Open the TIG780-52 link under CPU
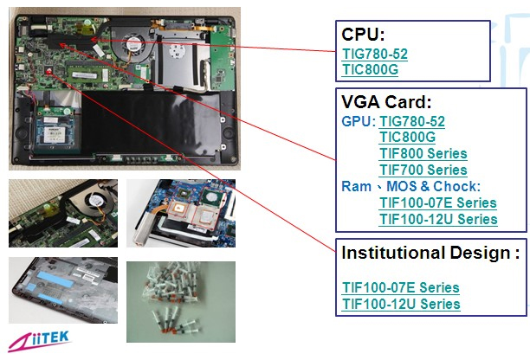click(375, 54)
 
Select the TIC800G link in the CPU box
click(370, 69)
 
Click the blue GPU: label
click(359, 122)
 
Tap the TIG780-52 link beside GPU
click(412, 122)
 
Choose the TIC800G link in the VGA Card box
click(407, 138)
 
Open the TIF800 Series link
click(423, 154)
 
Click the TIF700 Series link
click(423, 170)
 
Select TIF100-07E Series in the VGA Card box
click(438, 202)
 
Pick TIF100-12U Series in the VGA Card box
click(438, 219)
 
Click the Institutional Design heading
click(430, 253)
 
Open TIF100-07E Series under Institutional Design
click(401, 287)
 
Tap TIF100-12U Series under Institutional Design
click(401, 304)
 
